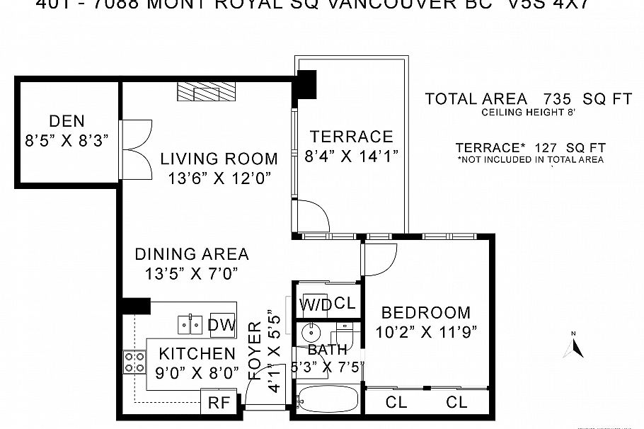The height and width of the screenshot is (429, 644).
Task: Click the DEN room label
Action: point(68,121)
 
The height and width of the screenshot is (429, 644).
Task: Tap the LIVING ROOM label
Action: point(219,159)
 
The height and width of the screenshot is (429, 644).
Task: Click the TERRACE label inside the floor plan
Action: point(351,137)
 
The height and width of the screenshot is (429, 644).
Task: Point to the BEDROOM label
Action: point(425,312)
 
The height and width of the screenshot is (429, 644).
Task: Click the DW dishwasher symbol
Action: point(222,324)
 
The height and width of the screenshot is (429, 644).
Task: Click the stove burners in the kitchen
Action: point(134,362)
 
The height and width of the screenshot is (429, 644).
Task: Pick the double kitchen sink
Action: point(189,324)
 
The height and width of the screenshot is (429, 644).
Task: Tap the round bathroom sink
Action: point(310,331)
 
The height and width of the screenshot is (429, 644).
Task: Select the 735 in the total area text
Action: point(557,99)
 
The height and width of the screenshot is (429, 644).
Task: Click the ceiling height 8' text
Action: point(529,113)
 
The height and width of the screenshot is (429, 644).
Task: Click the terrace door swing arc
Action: point(312,215)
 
